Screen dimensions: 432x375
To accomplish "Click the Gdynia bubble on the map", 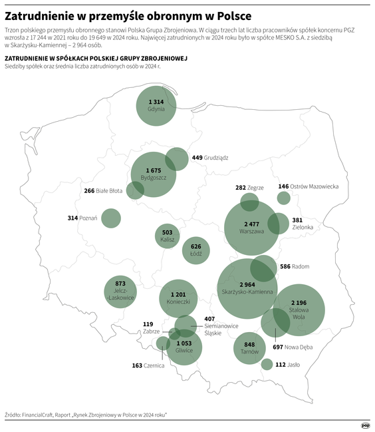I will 156,105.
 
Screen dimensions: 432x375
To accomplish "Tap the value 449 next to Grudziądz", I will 197,158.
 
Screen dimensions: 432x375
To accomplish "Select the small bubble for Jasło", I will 267,364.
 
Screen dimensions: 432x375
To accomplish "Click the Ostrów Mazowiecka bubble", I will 283,198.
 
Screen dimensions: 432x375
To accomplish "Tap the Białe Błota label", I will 110,191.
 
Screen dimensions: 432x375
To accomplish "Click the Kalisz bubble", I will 168,236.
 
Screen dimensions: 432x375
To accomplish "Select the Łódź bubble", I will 195,250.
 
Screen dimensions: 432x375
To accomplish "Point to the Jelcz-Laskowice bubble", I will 120,291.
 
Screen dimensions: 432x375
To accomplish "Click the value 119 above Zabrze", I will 148,324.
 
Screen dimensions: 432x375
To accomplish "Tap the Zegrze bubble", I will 249,202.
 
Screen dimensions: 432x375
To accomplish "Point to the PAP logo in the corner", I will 364,425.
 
